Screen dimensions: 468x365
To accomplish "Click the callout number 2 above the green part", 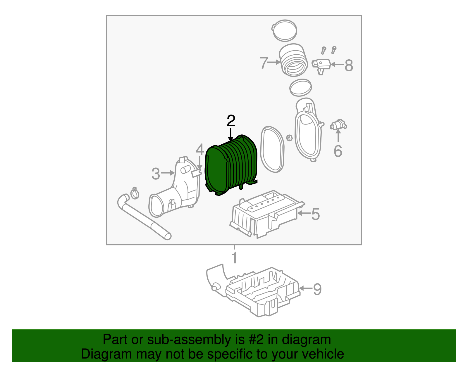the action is [231, 121].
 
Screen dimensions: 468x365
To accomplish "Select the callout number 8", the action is [349, 65].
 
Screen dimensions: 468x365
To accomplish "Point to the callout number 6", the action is [338, 151].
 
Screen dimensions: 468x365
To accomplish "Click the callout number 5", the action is [316, 214].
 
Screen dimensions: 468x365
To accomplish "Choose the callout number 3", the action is [156, 174].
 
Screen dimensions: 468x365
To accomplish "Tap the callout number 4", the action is [200, 150].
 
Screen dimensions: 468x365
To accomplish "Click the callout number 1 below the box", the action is [234, 257].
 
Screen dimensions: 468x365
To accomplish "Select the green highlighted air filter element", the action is [231, 165].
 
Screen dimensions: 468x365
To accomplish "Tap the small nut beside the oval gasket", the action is [289, 138].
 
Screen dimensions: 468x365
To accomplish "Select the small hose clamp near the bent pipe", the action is [135, 193].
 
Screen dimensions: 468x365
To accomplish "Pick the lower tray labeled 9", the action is [253, 290].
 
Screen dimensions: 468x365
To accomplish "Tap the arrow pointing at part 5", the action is [304, 213].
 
